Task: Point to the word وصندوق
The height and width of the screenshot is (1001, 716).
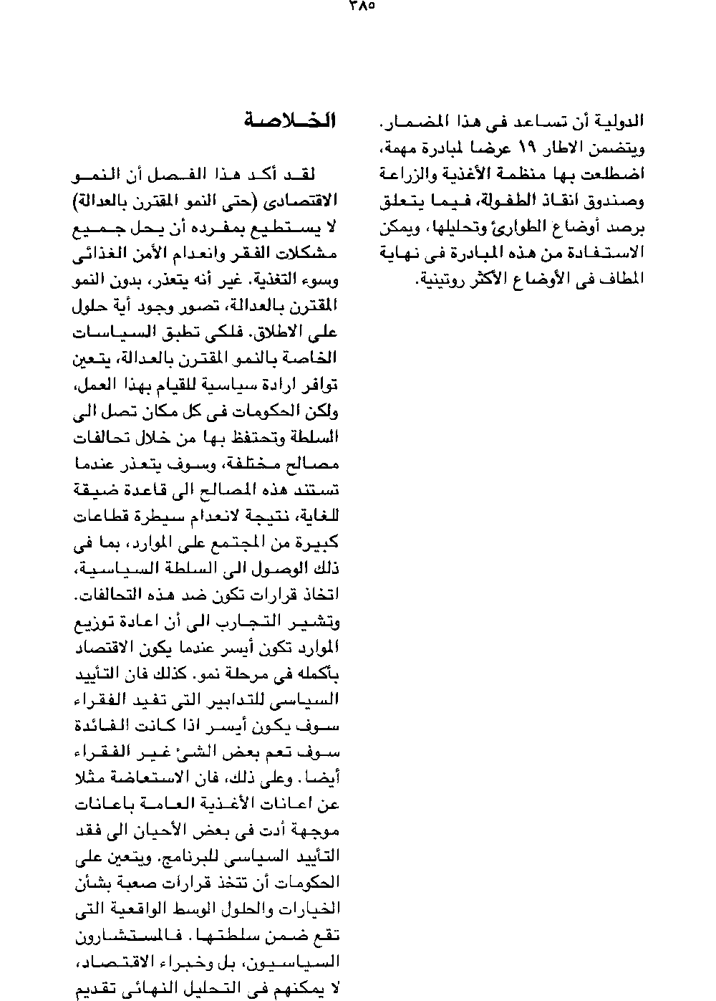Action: (614, 202)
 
